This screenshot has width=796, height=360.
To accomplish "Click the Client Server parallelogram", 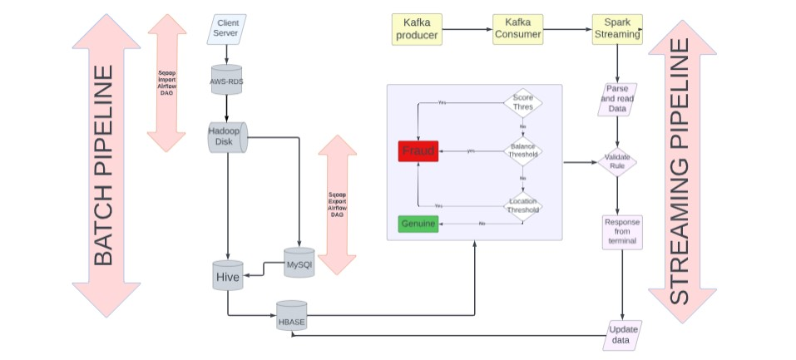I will [226, 27].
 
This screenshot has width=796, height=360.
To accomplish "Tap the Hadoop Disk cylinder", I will [226, 137].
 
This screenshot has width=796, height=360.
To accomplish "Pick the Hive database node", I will [228, 275].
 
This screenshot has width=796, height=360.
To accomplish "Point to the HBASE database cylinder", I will [291, 317].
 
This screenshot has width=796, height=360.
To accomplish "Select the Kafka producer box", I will [416, 29].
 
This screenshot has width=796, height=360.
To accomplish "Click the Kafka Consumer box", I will [517, 29].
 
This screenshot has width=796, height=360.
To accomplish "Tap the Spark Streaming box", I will [616, 29].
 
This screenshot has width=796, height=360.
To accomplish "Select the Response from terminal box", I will [621, 231].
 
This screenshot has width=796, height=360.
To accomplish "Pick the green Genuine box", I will [418, 224].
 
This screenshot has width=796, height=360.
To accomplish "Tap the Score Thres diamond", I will [522, 103].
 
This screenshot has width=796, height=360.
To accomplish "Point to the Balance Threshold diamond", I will [522, 150].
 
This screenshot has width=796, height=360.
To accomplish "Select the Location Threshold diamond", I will [522, 205].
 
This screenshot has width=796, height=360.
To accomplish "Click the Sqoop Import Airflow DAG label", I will [166, 83].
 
